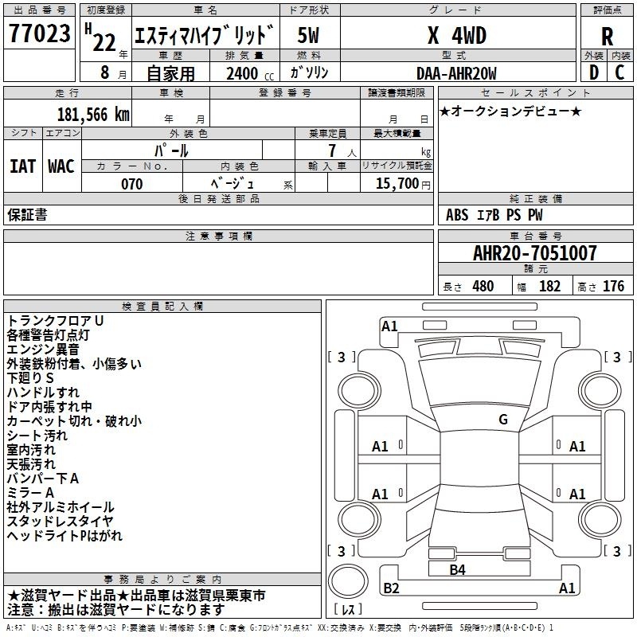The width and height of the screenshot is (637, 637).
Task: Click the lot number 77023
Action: pyautogui.click(x=39, y=33)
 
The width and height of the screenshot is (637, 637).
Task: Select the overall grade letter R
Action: pyautogui.click(x=607, y=36)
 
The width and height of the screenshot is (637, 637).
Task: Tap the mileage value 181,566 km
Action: pyautogui.click(x=93, y=115)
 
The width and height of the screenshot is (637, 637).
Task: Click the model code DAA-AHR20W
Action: pyautogui.click(x=456, y=73)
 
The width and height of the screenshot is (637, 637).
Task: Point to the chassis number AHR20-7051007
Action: pyautogui.click(x=535, y=252)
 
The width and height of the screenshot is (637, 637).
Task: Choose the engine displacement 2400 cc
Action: pyautogui.click(x=250, y=73)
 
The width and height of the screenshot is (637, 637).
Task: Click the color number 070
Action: pyautogui.click(x=132, y=184)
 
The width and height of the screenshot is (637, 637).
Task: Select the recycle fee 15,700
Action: pyautogui.click(x=397, y=183)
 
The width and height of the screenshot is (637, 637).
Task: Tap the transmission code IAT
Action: pyautogui.click(x=23, y=166)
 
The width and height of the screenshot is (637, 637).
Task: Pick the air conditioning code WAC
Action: pyautogui.click(x=61, y=166)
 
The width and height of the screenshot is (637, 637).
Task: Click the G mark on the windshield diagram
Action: pyautogui.click(x=503, y=420)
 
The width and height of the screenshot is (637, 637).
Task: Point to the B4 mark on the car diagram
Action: pyautogui.click(x=457, y=570)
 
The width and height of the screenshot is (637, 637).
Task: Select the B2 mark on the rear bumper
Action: pyautogui.click(x=391, y=588)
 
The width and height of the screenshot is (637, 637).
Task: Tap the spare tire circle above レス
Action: pyautogui.click(x=348, y=580)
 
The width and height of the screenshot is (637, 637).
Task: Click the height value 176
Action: pyautogui.click(x=613, y=286)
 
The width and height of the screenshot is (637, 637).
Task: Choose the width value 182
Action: pyautogui.click(x=549, y=286)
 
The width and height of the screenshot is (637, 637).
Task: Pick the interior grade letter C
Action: pyautogui.click(x=619, y=72)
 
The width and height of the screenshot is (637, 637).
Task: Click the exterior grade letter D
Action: pyautogui.click(x=594, y=72)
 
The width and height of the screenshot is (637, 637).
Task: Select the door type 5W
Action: pyautogui.click(x=308, y=35)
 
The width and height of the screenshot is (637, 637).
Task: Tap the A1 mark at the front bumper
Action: pyautogui.click(x=389, y=326)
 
